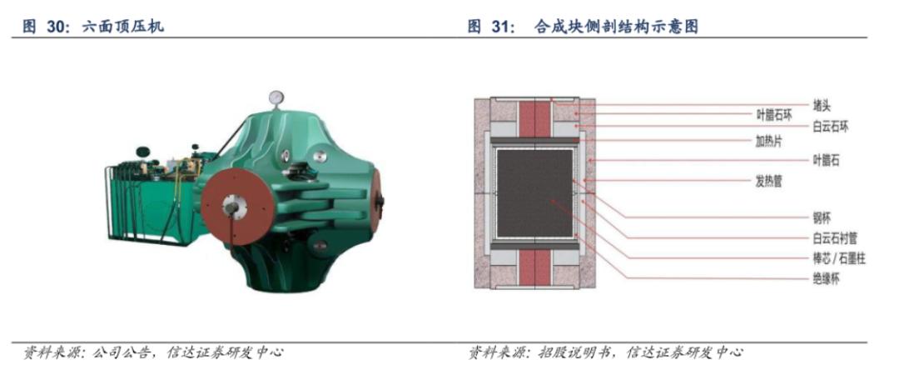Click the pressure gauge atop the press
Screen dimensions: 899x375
[276, 97]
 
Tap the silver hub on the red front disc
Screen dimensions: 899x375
[234, 204]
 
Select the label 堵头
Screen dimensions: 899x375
[822, 105]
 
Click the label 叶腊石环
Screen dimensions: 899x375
[773, 115]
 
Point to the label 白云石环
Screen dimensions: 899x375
[830, 127]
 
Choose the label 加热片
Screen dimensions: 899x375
[769, 142]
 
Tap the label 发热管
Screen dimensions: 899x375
[769, 182]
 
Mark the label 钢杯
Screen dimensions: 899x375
[822, 217]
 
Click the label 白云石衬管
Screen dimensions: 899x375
[834, 237]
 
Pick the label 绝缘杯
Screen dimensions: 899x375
[826, 279]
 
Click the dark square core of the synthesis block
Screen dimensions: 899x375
[535, 193]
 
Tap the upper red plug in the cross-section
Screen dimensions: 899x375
[535, 119]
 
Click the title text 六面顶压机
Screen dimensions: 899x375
[122, 26]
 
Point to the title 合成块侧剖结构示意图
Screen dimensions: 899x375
[616, 26]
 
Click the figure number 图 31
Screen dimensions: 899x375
[489, 26]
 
